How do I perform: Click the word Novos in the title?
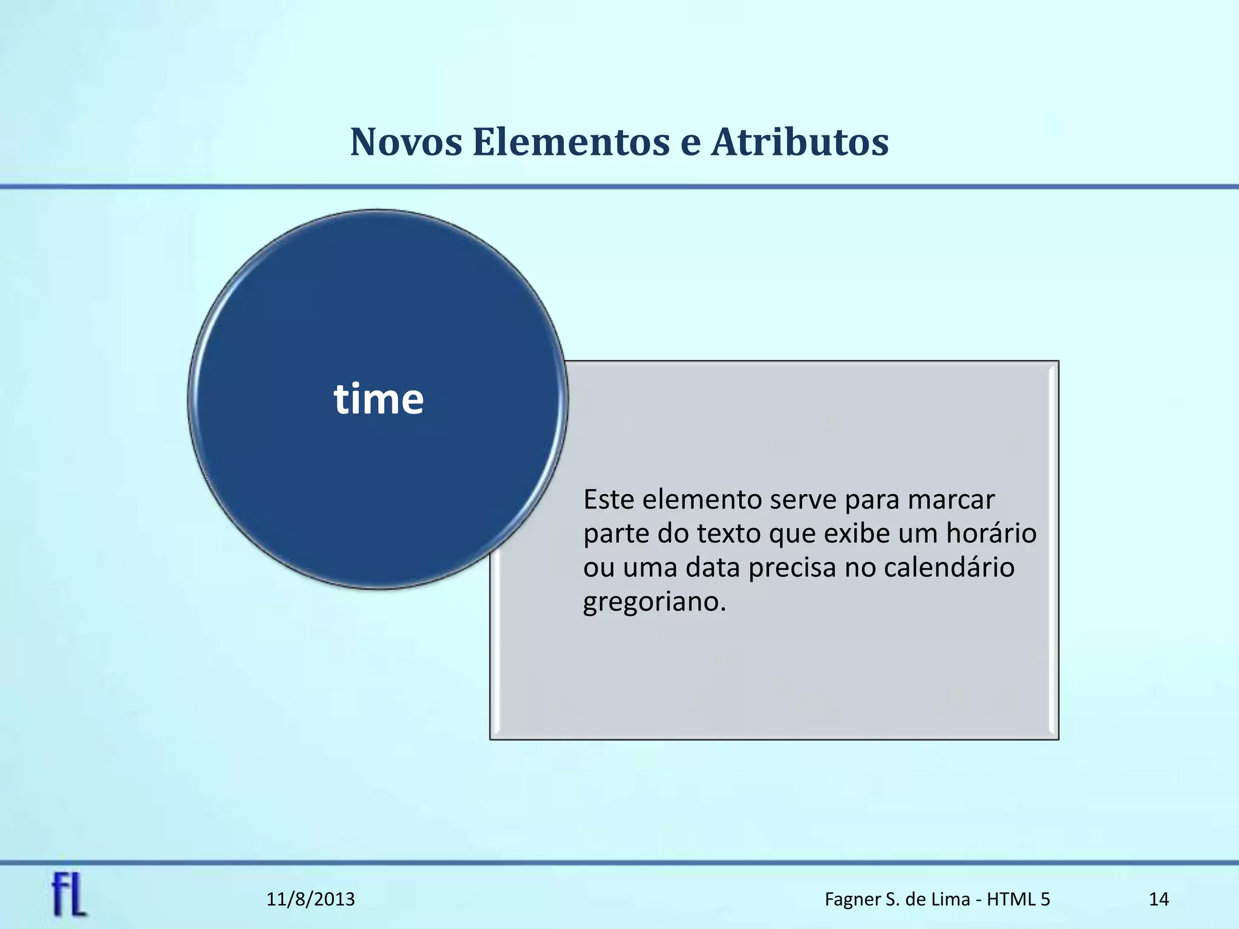406,143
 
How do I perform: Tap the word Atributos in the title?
800,143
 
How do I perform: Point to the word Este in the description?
608,500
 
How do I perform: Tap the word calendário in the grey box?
949,568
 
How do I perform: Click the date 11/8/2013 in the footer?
311,899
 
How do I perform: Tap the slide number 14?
1159,899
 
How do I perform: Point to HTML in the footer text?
1013,899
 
